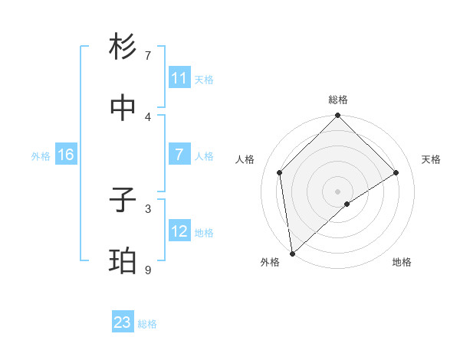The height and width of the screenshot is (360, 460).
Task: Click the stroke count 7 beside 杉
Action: pos(148,56)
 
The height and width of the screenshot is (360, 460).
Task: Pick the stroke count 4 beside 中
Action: pos(148,117)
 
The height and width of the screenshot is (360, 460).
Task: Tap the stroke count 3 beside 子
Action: pos(148,208)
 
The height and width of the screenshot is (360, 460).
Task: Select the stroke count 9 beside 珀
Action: pos(148,270)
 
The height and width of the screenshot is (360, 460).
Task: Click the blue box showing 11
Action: pos(179,78)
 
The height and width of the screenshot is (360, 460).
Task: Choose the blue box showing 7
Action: pos(179,155)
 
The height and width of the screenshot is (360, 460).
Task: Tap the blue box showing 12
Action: pos(179,231)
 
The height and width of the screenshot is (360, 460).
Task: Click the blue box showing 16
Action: pos(66,155)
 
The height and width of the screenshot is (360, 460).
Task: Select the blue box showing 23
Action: pos(123,322)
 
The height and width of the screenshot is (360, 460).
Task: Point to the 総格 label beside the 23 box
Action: pos(147,324)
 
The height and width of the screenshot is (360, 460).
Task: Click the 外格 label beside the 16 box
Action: pos(41,156)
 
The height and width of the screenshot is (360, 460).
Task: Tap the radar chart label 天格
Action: pos(432,159)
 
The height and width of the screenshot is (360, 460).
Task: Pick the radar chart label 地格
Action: pos(402,262)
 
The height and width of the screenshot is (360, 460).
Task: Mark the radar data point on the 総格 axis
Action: pos(338,116)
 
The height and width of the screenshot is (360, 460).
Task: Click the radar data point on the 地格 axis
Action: pos(347,204)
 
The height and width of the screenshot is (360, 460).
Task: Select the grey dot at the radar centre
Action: pos(338,191)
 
